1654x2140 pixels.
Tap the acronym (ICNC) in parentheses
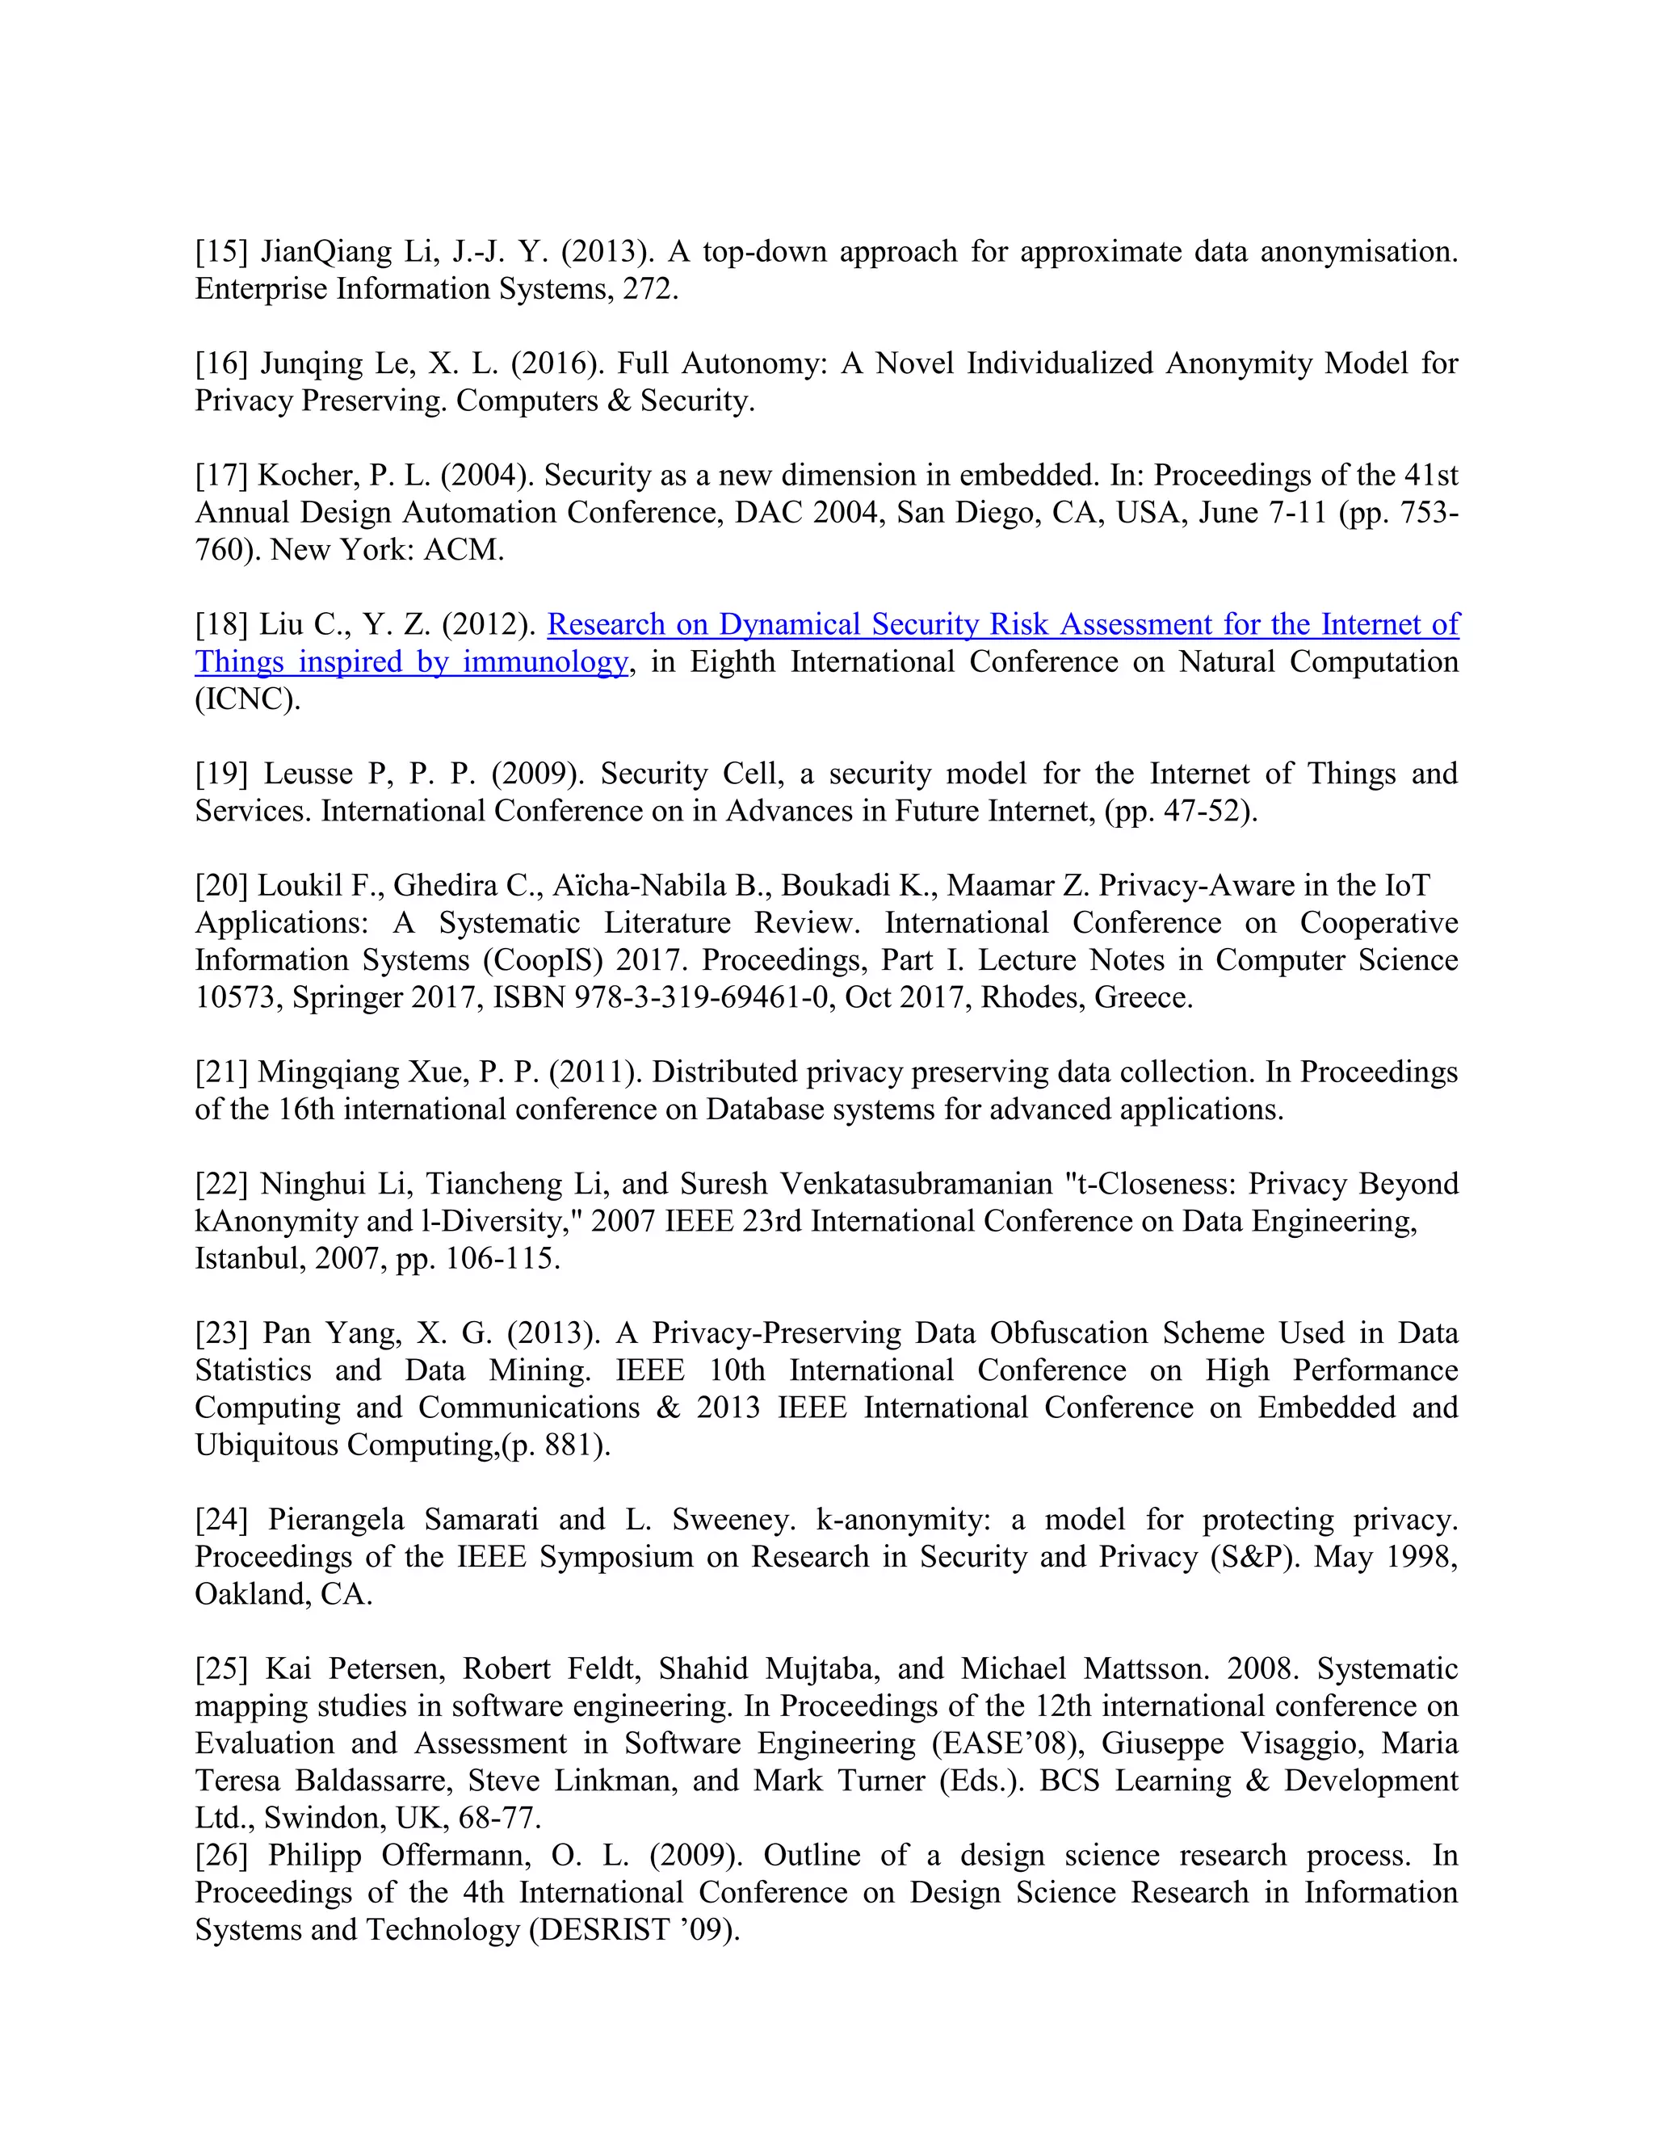[x=247, y=699]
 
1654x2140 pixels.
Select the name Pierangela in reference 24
[x=335, y=1520]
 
